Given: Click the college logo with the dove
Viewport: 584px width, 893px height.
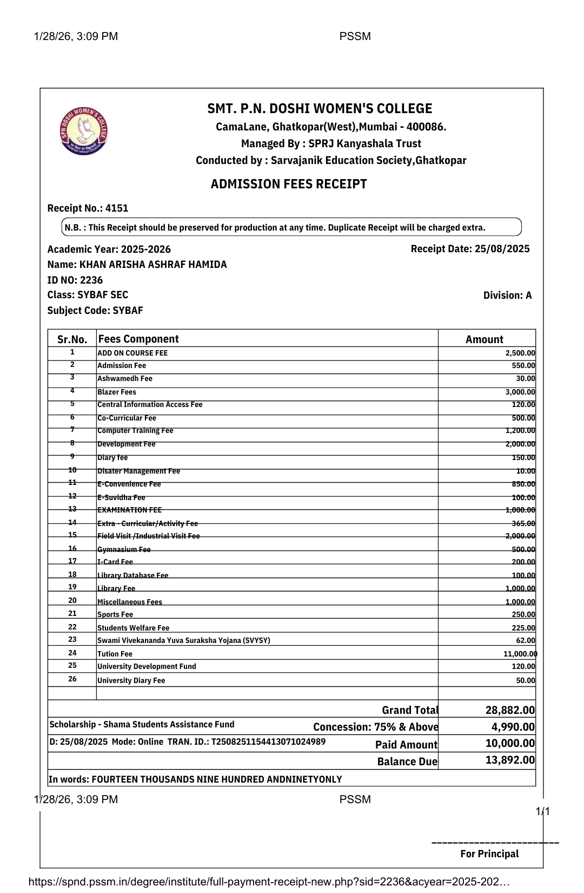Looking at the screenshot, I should pyautogui.click(x=84, y=131).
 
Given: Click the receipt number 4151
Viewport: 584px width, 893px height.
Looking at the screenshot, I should pyautogui.click(x=117, y=208).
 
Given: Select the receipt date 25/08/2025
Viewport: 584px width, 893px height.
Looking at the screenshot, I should pyautogui.click(x=502, y=249).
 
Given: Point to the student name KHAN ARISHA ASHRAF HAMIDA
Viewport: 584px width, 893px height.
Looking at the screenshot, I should pyautogui.click(x=153, y=265).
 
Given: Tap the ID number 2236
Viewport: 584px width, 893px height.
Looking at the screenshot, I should pyautogui.click(x=91, y=280).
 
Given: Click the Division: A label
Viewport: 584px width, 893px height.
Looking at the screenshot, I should pyautogui.click(x=507, y=296).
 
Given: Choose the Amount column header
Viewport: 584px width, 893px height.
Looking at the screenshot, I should pyautogui.click(x=484, y=339).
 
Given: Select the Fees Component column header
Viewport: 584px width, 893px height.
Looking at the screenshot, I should pyautogui.click(x=138, y=339).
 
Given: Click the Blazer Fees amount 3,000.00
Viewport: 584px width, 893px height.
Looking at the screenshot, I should pyautogui.click(x=520, y=392).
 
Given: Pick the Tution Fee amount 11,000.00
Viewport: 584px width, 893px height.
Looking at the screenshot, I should pyautogui.click(x=520, y=654).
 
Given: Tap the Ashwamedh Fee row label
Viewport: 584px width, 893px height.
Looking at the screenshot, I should pyautogui.click(x=125, y=379).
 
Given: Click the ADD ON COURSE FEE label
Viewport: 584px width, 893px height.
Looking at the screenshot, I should pyautogui.click(x=132, y=353).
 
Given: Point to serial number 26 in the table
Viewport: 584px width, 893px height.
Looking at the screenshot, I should pyautogui.click(x=72, y=679).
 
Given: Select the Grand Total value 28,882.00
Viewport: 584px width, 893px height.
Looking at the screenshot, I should pyautogui.click(x=510, y=710).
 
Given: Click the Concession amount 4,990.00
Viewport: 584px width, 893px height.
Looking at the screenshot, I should pyautogui.click(x=513, y=727).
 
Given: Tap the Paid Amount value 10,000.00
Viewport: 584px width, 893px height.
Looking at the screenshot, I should pyautogui.click(x=510, y=744).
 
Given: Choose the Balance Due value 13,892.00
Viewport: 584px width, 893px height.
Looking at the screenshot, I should pyautogui.click(x=510, y=760).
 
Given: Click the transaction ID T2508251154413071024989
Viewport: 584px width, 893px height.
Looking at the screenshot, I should pyautogui.click(x=268, y=741).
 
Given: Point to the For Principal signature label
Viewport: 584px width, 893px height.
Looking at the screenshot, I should pyautogui.click(x=489, y=854).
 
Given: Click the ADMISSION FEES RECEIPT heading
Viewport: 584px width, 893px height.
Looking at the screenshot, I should pyautogui.click(x=289, y=185).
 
